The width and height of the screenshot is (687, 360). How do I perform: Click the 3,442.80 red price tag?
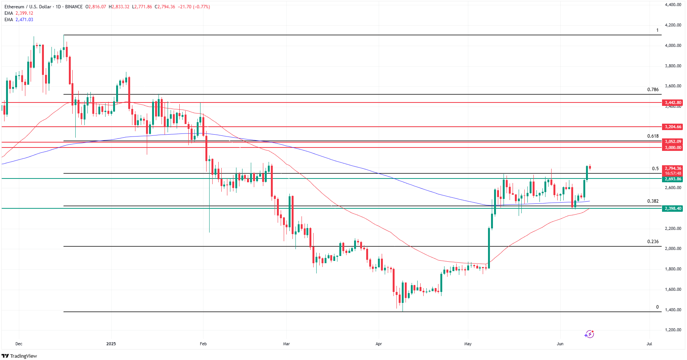coord(673,102)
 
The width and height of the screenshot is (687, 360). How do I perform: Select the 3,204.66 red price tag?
coord(673,127)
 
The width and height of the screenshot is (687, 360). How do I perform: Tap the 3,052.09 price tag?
coord(673,141)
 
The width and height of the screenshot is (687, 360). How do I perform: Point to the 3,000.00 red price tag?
coord(673,147)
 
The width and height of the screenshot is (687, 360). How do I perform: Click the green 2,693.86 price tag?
coord(673,179)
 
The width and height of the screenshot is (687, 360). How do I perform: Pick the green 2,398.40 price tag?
coord(673,208)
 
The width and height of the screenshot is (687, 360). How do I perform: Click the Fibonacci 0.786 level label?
coord(653,90)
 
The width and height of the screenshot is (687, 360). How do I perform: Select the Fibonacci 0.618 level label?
coord(653,136)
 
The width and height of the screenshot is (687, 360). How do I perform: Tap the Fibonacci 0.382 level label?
coord(653,201)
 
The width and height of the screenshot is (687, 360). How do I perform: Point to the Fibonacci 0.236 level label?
coord(653,241)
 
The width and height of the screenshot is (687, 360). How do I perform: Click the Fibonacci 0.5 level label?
coord(655,169)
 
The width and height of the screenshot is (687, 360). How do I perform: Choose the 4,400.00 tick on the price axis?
coord(673,5)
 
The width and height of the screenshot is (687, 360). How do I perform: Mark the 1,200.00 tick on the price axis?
coord(673,330)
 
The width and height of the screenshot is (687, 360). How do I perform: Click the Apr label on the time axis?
coord(379,344)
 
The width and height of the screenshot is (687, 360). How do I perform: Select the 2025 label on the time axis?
coord(111,344)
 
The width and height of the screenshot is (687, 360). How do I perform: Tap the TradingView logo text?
coord(20,356)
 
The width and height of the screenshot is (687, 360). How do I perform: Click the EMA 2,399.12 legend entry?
coord(19,13)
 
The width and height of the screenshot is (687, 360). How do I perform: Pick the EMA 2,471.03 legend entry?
coord(19,20)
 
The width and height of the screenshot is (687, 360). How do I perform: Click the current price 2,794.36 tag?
coord(673,168)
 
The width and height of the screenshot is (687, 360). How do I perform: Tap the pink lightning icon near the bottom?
coord(589,334)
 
